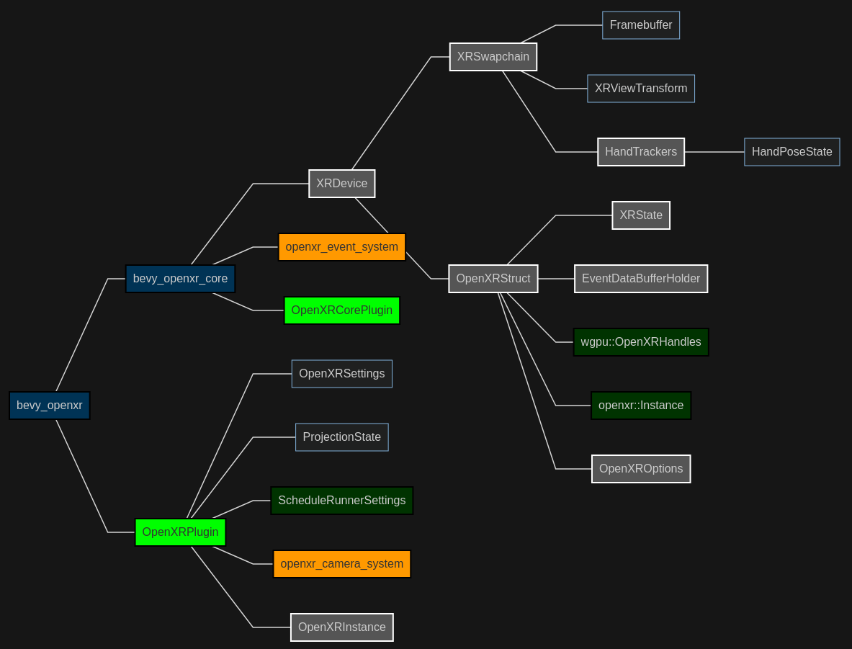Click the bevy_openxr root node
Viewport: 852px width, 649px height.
[x=49, y=406]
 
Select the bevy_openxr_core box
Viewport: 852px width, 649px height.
[x=180, y=279]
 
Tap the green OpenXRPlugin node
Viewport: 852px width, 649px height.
[x=180, y=532]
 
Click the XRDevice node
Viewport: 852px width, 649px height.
[x=341, y=184]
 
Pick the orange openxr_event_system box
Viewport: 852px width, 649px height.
[x=341, y=247]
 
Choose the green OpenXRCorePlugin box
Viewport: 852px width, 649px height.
[x=341, y=310]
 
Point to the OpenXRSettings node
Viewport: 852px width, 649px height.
[x=341, y=374]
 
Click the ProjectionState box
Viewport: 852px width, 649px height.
[x=341, y=437]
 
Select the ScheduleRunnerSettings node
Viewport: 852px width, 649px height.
[x=341, y=501]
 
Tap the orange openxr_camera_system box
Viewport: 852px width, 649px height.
[x=341, y=564]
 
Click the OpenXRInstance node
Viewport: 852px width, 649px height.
[x=341, y=627]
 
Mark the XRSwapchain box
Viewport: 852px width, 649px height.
[x=493, y=57]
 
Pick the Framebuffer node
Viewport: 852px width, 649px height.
[x=640, y=25]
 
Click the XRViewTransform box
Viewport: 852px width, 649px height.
[x=640, y=89]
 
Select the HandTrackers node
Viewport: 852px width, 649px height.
[x=640, y=152]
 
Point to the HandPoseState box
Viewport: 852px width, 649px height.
[x=792, y=152]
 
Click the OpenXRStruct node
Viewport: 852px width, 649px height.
[x=493, y=279]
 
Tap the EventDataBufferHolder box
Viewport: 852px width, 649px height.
[x=640, y=279]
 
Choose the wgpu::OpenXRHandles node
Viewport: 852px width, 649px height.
[x=640, y=342]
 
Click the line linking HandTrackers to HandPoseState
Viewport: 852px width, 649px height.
[x=714, y=152]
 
